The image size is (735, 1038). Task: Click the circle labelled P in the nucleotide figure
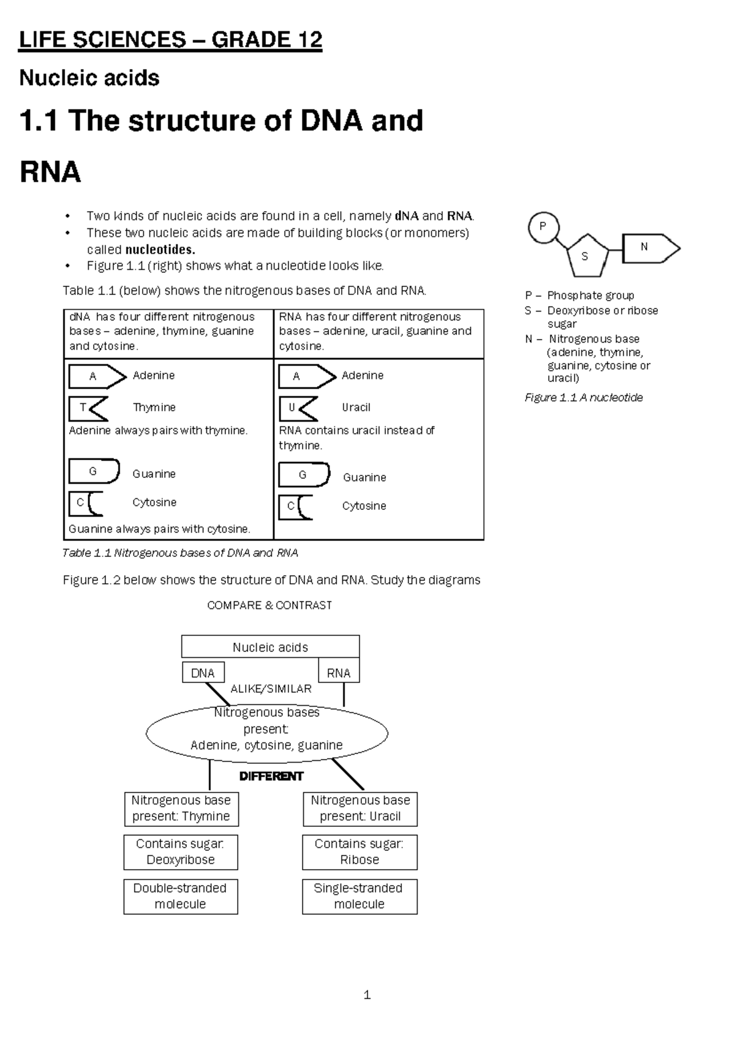tap(543, 227)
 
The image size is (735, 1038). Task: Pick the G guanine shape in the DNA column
tap(94, 471)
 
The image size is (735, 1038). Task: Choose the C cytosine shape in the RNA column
tap(296, 507)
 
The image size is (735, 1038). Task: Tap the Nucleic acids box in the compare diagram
tap(270, 647)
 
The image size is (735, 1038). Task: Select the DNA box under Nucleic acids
tap(203, 673)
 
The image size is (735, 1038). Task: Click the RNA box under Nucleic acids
tap(339, 673)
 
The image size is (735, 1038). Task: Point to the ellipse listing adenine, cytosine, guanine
tap(267, 732)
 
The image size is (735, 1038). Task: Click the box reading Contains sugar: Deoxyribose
tap(181, 852)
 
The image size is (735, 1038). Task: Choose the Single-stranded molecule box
tap(360, 896)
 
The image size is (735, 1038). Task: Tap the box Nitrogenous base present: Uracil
tap(360, 808)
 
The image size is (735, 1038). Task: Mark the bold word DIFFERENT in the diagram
tap(271, 776)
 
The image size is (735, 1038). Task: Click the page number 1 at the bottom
tap(367, 995)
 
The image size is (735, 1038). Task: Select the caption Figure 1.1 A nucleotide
tap(584, 398)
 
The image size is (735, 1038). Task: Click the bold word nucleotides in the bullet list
tap(160, 250)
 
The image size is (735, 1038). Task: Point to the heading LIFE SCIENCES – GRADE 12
tap(171, 40)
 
